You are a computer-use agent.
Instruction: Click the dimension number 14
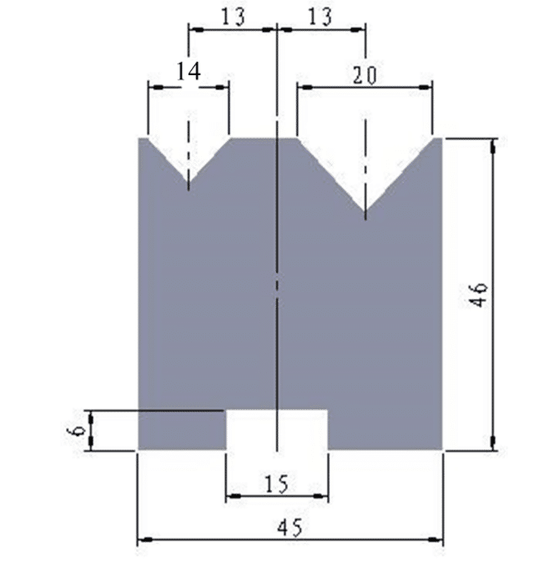[189, 71]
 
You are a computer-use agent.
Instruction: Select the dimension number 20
[365, 75]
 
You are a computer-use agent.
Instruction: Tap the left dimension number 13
[234, 17]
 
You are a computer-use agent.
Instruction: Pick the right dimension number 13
[320, 17]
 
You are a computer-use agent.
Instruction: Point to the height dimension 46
[478, 295]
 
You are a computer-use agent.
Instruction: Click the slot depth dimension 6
[76, 430]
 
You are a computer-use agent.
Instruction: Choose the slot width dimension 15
[276, 484]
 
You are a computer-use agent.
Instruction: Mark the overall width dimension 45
[289, 528]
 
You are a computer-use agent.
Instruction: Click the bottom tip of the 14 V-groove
[189, 181]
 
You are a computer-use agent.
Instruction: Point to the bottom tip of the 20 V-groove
[365, 211]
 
